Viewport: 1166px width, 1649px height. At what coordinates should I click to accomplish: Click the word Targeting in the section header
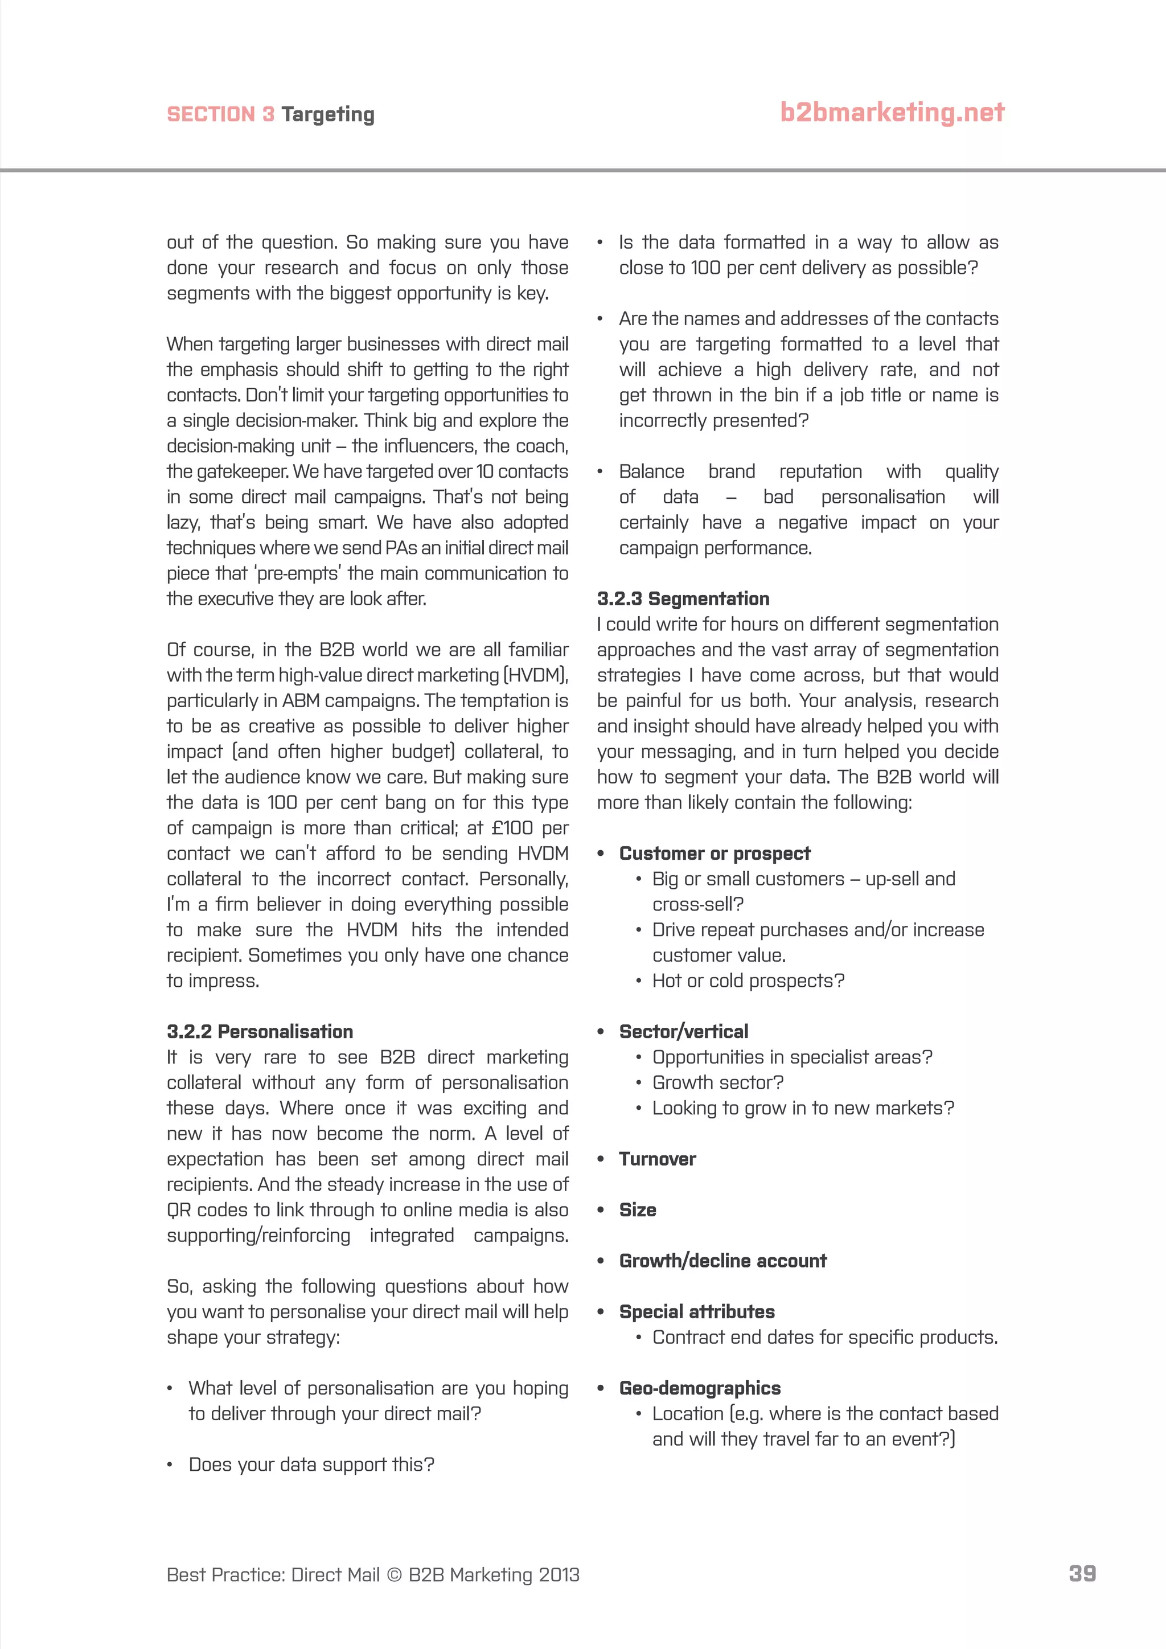(327, 115)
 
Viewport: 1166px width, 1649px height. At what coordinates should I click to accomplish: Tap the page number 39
(1082, 1574)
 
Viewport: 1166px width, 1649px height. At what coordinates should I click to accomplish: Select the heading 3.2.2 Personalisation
(260, 1031)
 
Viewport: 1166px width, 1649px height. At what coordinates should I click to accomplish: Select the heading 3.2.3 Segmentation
(683, 598)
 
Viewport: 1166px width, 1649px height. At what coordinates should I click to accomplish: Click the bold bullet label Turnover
(657, 1159)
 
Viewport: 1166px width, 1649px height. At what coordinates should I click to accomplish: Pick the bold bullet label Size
(638, 1209)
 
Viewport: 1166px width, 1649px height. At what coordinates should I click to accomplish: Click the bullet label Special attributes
(696, 1311)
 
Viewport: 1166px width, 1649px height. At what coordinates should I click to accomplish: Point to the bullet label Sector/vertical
(684, 1031)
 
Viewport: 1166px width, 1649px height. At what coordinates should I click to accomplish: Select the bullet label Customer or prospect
(715, 853)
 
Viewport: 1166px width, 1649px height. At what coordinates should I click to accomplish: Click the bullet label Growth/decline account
(722, 1261)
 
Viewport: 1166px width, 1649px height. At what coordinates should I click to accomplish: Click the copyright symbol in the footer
(394, 1575)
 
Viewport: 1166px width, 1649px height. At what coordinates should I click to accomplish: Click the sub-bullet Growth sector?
(717, 1082)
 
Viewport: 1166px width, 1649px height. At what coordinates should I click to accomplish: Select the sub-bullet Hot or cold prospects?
(748, 981)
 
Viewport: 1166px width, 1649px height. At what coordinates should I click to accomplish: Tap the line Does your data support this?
(311, 1465)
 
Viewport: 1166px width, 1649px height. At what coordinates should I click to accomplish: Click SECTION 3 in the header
(220, 115)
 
